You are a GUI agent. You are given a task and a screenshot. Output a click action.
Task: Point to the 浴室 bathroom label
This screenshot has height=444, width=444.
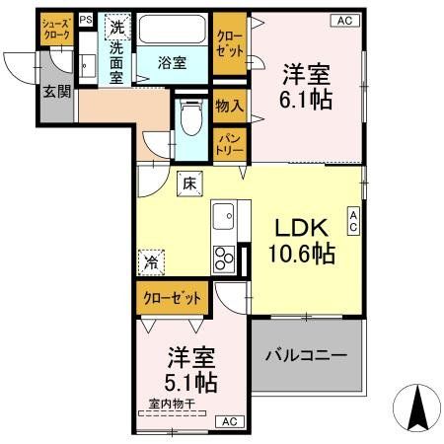coord(174,63)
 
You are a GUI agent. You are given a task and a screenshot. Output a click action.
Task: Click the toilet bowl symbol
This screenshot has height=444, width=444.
coord(190,121)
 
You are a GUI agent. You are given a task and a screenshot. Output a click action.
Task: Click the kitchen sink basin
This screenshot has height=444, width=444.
coord(224,215)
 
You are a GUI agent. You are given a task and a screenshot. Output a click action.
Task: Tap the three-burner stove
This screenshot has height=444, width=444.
coord(224,258)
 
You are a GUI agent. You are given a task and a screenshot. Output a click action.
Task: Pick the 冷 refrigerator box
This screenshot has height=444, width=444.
coord(152,263)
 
